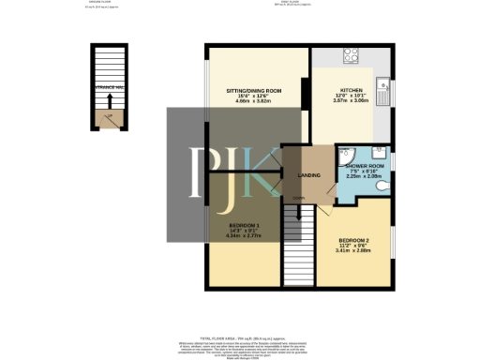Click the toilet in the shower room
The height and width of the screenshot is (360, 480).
pyautogui.click(x=380, y=186)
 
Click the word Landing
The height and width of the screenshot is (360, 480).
pyautogui.click(x=309, y=176)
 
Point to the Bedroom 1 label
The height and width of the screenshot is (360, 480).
pyautogui.click(x=244, y=226)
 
